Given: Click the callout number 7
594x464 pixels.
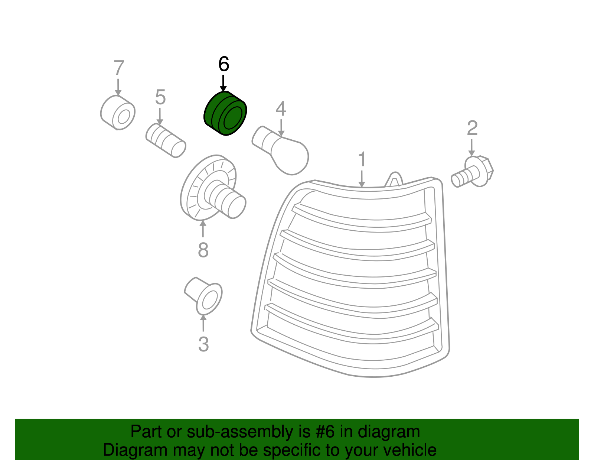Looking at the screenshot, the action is [x=119, y=68].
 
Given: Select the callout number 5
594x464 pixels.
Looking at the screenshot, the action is [x=160, y=97].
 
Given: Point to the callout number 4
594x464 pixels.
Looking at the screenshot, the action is [x=281, y=108].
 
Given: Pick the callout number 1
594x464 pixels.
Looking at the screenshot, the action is [x=362, y=159].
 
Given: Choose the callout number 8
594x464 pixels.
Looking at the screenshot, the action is [x=203, y=250].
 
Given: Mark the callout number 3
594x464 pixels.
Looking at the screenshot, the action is [x=203, y=344].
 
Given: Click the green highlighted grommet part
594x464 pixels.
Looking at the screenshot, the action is [x=225, y=113].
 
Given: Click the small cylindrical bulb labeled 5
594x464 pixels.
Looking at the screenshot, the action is [x=166, y=140].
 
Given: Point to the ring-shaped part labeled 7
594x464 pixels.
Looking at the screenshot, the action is [x=118, y=113].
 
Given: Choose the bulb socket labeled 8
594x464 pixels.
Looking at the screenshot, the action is [x=213, y=188].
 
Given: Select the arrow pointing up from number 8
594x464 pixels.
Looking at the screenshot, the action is [x=203, y=229].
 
